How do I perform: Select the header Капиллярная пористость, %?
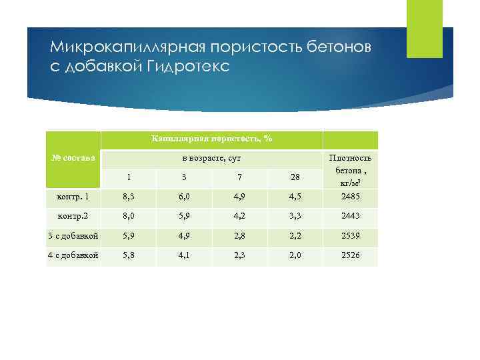pyautogui.click(x=211, y=139)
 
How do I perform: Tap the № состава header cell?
pyautogui.click(x=73, y=158)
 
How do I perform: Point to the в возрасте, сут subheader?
pyautogui.click(x=211, y=158)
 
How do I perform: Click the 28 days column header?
pyautogui.click(x=295, y=177)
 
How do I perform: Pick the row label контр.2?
pyautogui.click(x=73, y=217)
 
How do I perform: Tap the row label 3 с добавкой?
pyautogui.click(x=73, y=236)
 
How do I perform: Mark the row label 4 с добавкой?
pyautogui.click(x=73, y=255)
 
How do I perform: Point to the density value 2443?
pyautogui.click(x=350, y=217)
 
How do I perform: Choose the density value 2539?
pyautogui.click(x=350, y=236)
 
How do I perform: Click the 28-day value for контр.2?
pyautogui.click(x=295, y=217)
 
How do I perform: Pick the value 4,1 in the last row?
pyautogui.click(x=183, y=255)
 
